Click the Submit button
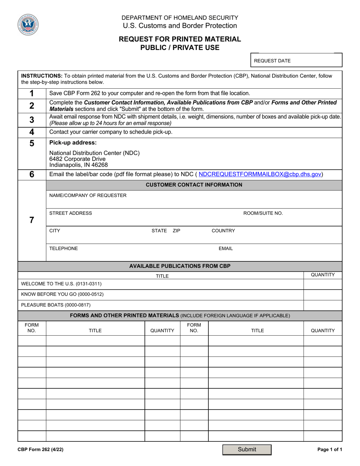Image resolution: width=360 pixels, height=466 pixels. (x=247, y=449)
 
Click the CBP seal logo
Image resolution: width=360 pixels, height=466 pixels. (x=28, y=25)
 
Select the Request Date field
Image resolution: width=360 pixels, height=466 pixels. (x=296, y=61)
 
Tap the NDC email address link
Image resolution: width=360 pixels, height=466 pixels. (x=260, y=174)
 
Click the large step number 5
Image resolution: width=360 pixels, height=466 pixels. (x=32, y=143)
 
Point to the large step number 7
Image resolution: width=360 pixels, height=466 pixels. (x=32, y=220)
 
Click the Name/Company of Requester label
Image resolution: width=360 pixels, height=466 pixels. (x=88, y=195)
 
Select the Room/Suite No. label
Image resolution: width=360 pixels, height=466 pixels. (x=263, y=213)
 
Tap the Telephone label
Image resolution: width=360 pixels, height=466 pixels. (x=64, y=249)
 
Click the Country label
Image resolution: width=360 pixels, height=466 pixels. (x=223, y=231)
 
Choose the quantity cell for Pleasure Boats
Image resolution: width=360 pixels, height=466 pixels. (x=322, y=305)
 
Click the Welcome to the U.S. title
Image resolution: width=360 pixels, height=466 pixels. (x=61, y=284)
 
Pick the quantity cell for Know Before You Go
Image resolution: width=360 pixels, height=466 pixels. (x=322, y=294)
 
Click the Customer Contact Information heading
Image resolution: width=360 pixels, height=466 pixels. (x=194, y=185)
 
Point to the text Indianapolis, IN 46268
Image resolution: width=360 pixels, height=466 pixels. (x=78, y=165)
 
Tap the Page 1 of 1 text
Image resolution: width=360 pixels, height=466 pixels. (x=330, y=450)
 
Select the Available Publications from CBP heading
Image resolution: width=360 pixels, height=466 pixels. (x=180, y=266)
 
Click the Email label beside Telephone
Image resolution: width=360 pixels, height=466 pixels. (x=225, y=249)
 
